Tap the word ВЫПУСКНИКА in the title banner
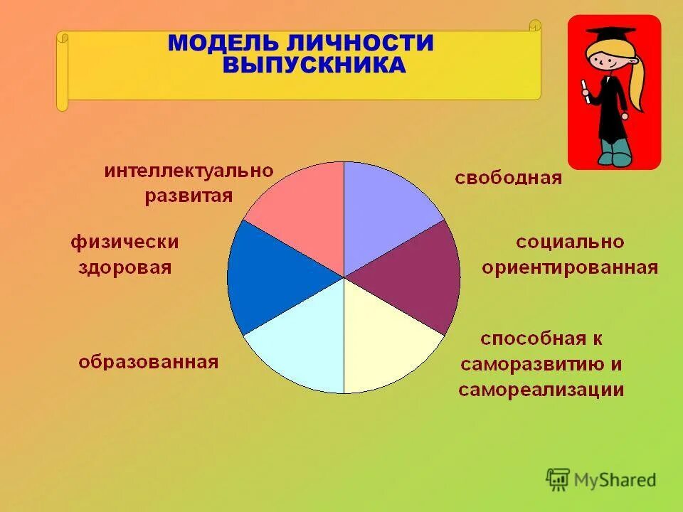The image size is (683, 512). coord(314,65)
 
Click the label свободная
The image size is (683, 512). coord(508,178)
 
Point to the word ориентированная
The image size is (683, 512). coord(569,267)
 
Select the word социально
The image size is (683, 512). coord(570,242)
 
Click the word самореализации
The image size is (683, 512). coord(541,390)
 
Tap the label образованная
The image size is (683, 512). coord(148,362)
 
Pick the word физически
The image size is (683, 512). coord(124,242)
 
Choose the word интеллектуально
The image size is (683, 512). coord(189,171)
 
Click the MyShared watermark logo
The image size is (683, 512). coord(601,480)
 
